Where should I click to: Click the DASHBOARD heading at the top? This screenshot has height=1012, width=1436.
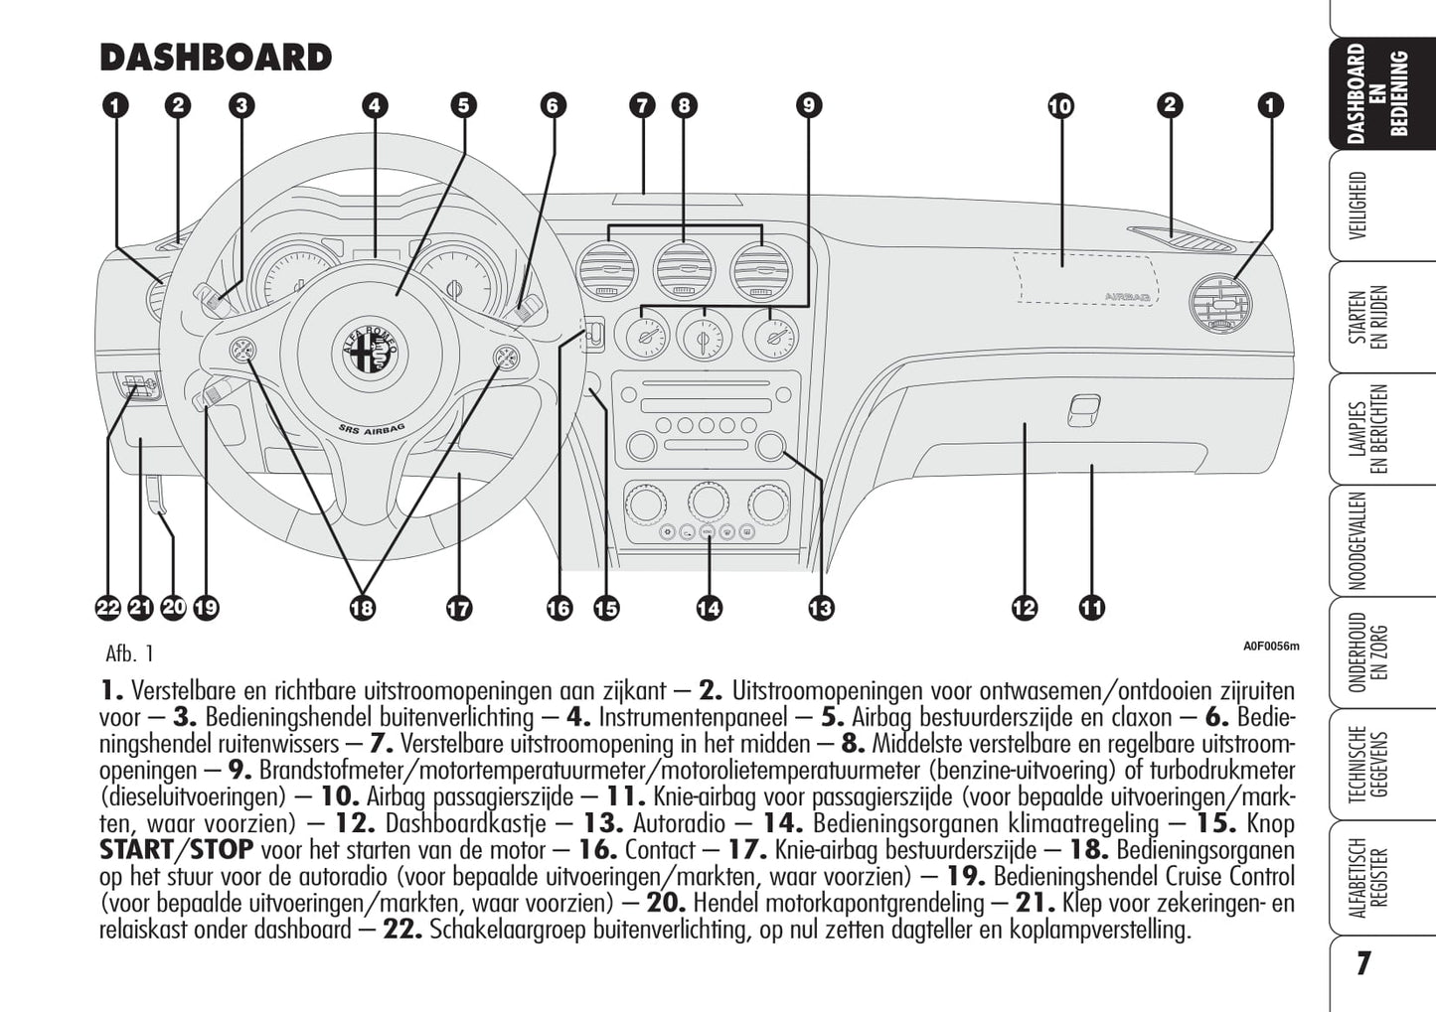click(216, 58)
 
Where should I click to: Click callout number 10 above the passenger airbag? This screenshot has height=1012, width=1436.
click(1060, 105)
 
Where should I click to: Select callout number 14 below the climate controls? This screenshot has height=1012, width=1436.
click(709, 608)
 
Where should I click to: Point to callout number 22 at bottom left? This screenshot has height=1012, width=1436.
click(108, 608)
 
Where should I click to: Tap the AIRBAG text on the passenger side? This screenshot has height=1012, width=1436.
click(1128, 296)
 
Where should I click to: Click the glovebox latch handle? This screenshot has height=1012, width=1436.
click(1084, 408)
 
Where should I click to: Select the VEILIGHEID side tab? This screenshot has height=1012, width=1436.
click(1358, 206)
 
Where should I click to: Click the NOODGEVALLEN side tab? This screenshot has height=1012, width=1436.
click(1358, 541)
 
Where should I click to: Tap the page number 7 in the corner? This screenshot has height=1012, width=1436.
click(1363, 963)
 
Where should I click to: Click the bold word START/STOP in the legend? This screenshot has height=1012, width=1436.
click(176, 850)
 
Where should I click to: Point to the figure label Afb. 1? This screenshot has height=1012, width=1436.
click(129, 653)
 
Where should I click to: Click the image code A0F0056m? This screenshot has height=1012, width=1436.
click(1271, 647)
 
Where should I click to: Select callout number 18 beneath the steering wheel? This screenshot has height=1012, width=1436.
click(362, 608)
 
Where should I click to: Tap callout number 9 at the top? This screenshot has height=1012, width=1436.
click(808, 105)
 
